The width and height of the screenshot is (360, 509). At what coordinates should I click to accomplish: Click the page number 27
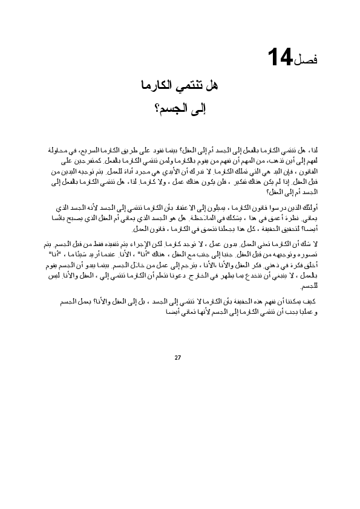(177, 357)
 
